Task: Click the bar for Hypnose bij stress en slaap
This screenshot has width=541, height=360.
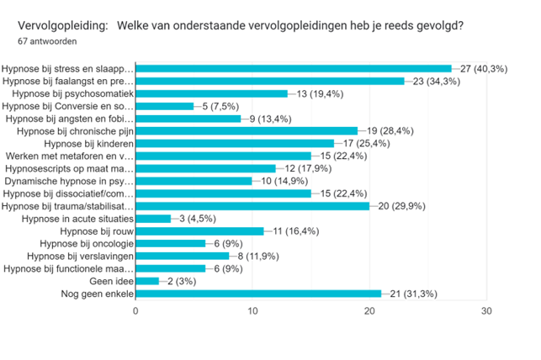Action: (x=293, y=68)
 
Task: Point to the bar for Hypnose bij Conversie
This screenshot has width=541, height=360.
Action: (x=164, y=106)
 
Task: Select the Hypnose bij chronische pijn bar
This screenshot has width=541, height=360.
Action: (x=246, y=131)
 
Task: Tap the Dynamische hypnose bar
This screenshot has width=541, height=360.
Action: (x=194, y=181)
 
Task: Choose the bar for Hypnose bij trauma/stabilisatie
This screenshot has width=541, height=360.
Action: (x=252, y=205)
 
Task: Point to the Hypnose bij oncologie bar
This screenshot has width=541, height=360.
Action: (x=170, y=243)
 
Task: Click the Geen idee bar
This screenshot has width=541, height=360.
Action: (x=146, y=281)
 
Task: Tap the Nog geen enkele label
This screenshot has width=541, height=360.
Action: (x=96, y=294)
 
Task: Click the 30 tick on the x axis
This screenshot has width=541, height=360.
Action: (x=485, y=310)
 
